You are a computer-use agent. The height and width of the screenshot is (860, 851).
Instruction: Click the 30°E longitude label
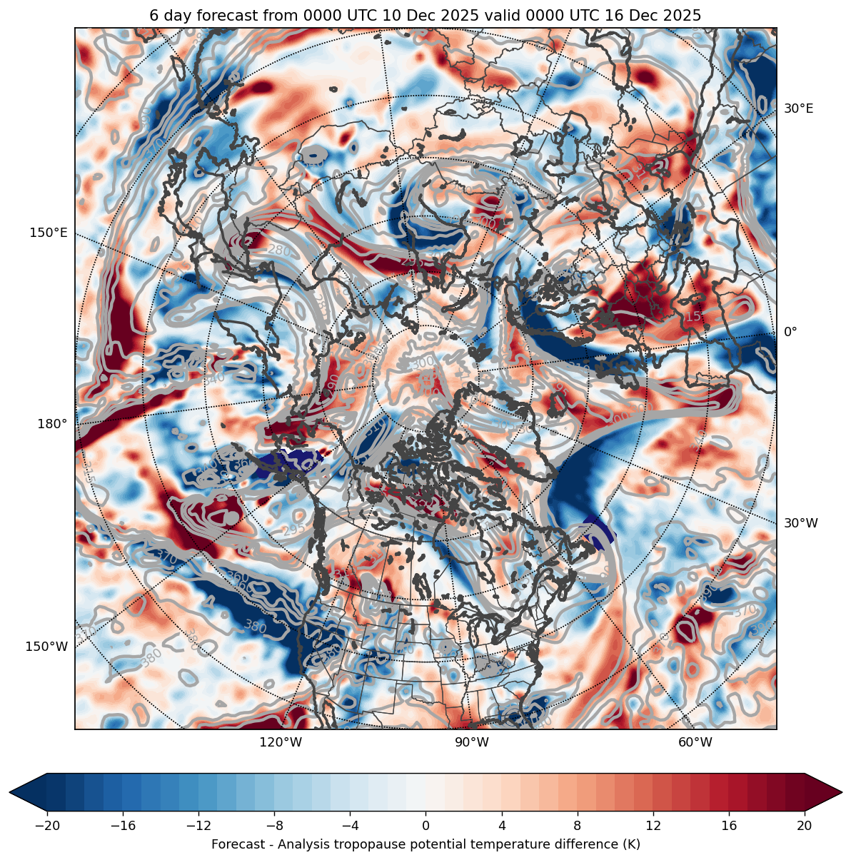tap(798, 108)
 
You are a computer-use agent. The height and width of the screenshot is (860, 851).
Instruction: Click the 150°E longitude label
tap(49, 233)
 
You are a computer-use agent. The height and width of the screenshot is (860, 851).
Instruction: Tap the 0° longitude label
tap(790, 332)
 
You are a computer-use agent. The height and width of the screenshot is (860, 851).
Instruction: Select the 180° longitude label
tap(52, 424)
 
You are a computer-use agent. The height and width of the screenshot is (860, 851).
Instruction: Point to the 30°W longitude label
tap(801, 523)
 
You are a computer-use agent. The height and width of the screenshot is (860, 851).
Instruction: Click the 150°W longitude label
tap(47, 647)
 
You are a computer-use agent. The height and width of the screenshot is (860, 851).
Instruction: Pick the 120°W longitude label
tap(281, 742)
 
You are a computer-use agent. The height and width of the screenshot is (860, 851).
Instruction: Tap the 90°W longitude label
tap(472, 742)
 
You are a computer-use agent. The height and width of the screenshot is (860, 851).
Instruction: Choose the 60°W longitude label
tap(695, 742)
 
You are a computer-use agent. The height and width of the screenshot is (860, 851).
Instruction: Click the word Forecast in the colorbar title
tap(237, 844)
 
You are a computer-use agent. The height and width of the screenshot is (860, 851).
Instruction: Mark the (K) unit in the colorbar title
tap(630, 844)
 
